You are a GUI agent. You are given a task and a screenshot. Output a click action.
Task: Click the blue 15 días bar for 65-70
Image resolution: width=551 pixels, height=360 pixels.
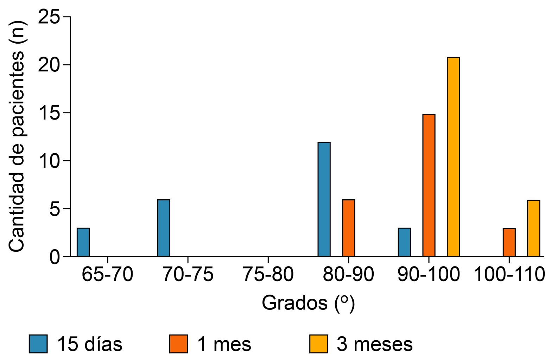coord(83,242)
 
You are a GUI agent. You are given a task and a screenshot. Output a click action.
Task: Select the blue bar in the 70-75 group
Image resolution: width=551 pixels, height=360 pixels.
coord(164,228)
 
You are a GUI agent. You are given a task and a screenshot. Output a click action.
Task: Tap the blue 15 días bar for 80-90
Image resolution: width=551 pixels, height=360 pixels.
coord(324,199)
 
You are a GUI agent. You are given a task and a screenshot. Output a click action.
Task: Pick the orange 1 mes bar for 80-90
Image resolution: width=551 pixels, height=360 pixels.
coord(348,228)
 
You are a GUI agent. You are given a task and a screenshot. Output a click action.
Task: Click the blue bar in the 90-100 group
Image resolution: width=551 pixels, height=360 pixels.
coord(404,242)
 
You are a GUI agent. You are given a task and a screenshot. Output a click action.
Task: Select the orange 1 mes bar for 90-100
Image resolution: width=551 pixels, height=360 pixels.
coord(429,185)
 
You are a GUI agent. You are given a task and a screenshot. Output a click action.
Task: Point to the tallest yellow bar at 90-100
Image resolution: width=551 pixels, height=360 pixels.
coord(453,157)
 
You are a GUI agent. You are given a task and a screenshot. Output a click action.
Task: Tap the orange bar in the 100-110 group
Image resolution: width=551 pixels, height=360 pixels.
coord(509,243)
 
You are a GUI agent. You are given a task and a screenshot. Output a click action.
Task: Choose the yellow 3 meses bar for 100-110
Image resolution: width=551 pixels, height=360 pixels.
coord(533,228)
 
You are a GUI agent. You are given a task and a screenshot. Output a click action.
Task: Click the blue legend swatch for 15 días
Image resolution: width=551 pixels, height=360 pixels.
coord(38,343)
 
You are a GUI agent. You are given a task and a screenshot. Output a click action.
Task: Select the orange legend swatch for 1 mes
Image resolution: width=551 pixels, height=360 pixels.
coord(178,343)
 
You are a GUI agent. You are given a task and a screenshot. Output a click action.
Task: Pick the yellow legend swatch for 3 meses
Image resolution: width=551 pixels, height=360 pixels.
coord(318,343)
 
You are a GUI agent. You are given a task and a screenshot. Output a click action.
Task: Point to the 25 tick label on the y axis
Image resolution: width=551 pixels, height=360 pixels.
coord(49,17)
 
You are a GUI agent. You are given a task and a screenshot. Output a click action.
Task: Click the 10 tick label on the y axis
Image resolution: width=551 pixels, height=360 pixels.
coord(49,161)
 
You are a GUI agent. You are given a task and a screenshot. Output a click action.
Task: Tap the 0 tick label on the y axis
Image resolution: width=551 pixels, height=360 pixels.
coord(55,257)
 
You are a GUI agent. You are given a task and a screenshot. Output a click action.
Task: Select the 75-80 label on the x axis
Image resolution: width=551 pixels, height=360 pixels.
coord(268,274)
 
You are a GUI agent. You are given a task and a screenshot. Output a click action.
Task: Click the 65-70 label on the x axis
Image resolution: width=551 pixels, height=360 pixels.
coord(107,274)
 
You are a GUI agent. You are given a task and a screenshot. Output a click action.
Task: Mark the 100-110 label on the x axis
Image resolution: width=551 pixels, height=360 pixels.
coord(509,274)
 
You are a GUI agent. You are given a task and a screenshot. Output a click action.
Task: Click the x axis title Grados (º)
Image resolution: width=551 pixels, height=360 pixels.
coord(308,303)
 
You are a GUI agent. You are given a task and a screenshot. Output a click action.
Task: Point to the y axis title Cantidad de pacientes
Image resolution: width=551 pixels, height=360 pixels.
coord(17,137)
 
